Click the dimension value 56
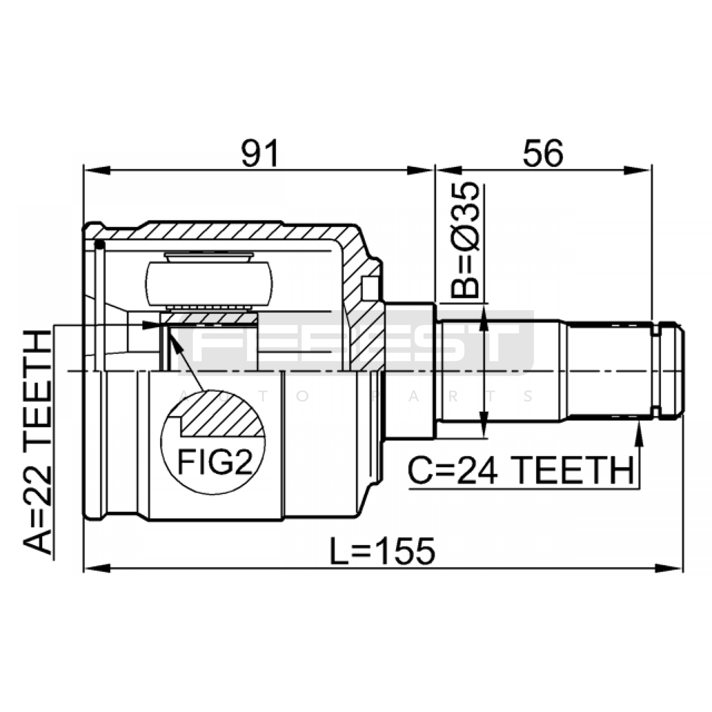(x=543, y=153)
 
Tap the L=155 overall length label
(x=382, y=550)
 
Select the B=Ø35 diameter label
(x=465, y=240)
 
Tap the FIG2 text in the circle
(x=215, y=461)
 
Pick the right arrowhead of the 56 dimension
(x=638, y=170)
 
